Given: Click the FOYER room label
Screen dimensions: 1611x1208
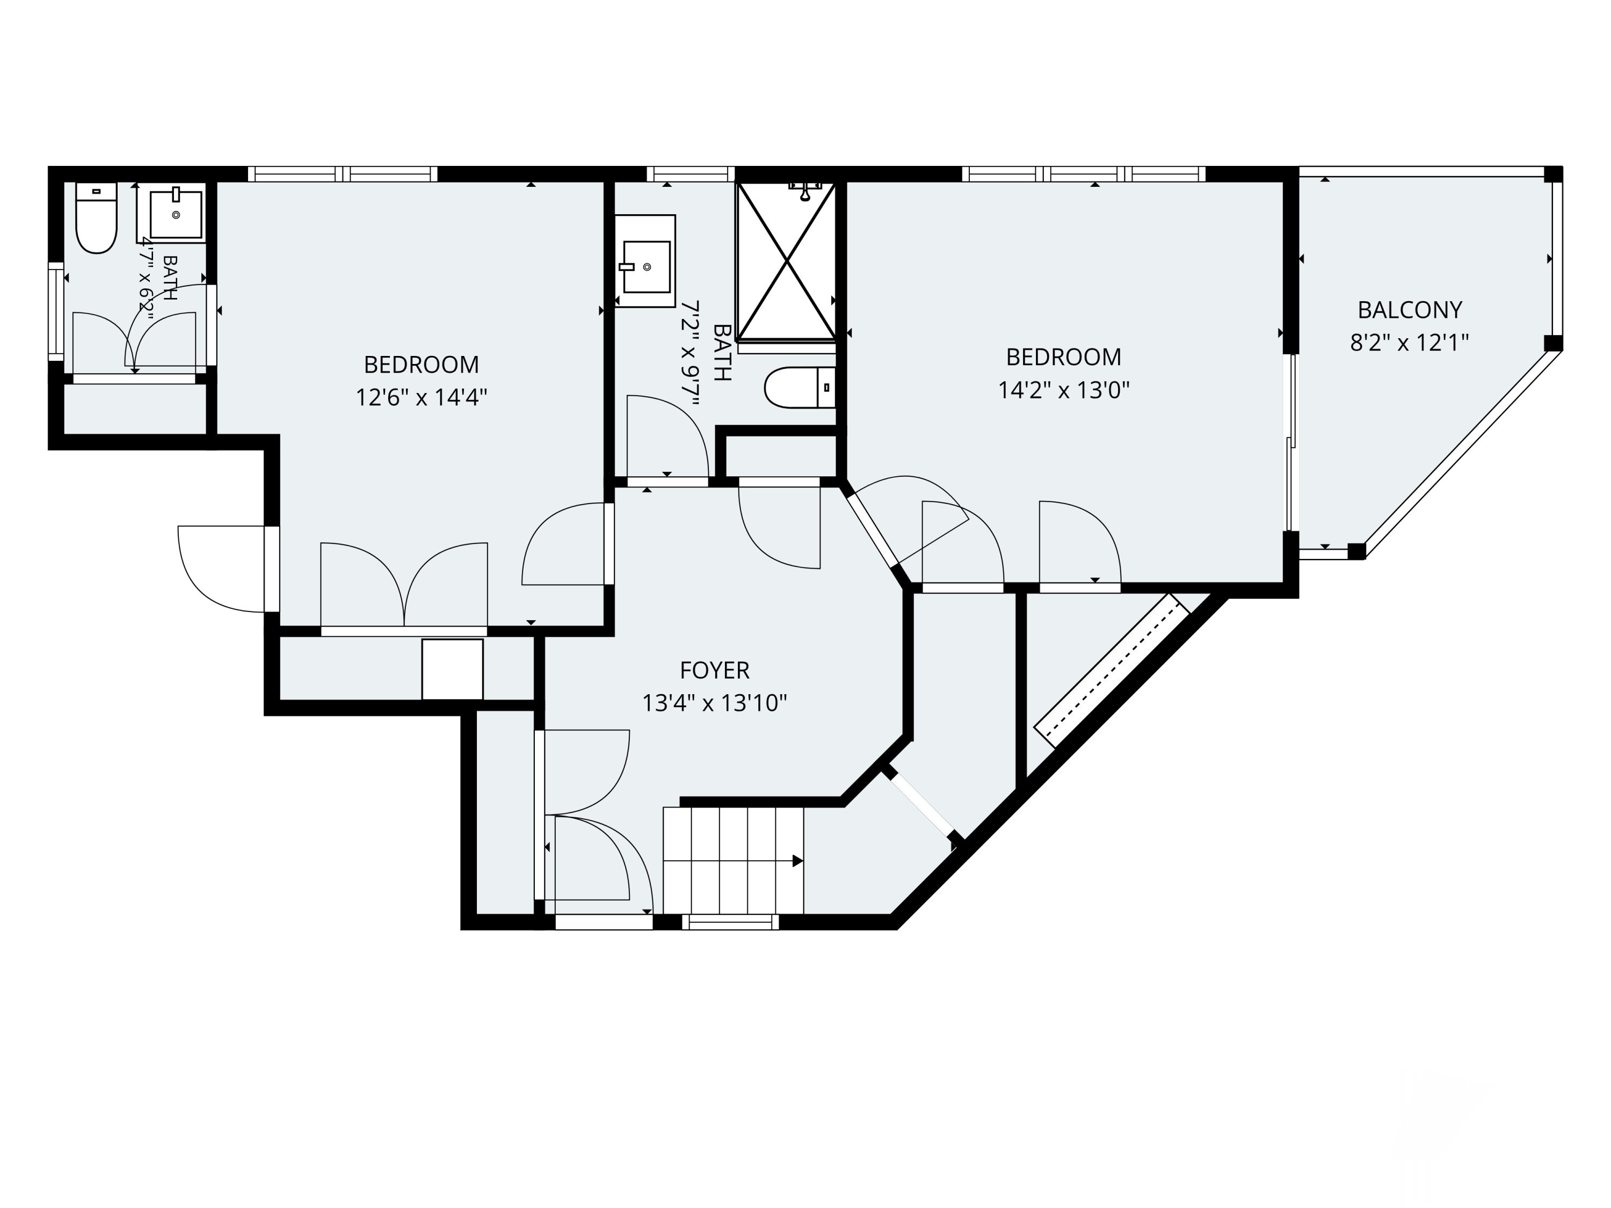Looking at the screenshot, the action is click(714, 670).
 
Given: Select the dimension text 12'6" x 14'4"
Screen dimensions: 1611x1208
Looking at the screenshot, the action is click(421, 398).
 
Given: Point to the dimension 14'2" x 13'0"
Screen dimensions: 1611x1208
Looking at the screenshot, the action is click(1063, 390).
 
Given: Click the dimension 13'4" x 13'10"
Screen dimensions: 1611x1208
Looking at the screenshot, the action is click(714, 703).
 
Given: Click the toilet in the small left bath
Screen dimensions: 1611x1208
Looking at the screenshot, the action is click(97, 218).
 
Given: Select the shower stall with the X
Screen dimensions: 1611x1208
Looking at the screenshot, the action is click(787, 261).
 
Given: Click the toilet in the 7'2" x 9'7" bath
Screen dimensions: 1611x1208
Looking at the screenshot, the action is click(800, 388).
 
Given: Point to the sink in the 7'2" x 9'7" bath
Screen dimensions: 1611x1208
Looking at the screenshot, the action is click(645, 261).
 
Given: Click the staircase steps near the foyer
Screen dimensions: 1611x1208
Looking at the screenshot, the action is click(734, 860).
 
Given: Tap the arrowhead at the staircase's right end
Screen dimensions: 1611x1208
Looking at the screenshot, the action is click(797, 861).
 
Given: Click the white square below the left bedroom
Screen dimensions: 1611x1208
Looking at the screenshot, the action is click(452, 669).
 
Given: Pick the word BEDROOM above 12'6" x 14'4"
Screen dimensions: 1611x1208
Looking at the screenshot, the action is click(421, 364).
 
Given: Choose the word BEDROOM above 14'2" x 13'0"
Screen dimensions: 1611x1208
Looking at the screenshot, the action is click(1063, 357).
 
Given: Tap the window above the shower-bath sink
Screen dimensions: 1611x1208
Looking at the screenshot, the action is click(691, 174).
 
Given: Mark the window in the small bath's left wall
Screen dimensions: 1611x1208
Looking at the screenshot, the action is click(56, 311).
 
